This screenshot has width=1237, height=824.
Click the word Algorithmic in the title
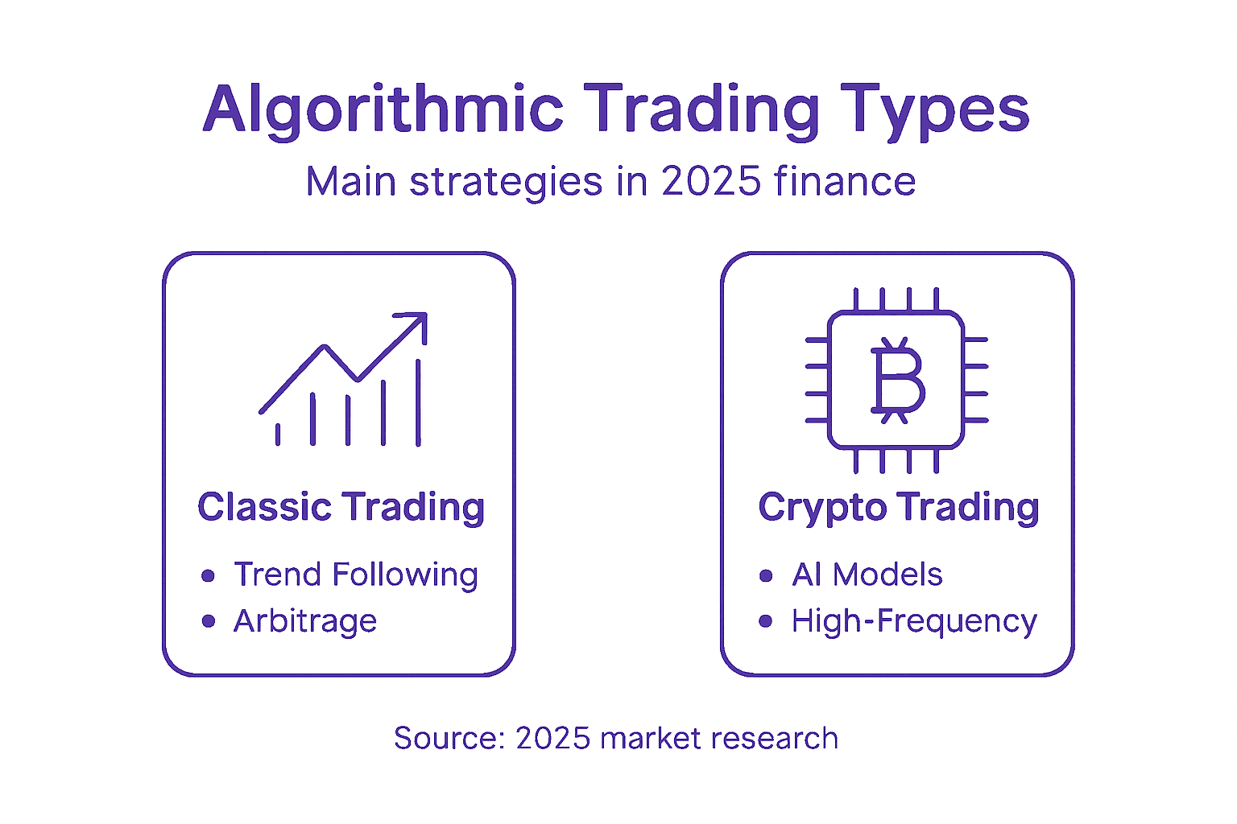(x=383, y=111)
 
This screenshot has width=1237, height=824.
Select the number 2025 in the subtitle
(x=711, y=181)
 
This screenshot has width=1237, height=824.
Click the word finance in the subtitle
(x=845, y=180)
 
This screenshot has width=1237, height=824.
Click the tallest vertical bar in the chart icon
(x=419, y=402)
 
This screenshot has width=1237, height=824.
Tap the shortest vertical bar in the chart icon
(x=278, y=435)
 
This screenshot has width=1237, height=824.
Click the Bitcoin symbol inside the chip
(x=897, y=381)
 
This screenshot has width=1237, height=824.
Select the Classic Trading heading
(x=341, y=507)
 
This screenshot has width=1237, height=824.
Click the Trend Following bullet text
(x=356, y=575)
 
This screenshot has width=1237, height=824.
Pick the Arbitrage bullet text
(x=305, y=622)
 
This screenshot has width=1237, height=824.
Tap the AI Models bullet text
(x=867, y=575)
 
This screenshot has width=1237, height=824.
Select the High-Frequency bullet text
(x=915, y=622)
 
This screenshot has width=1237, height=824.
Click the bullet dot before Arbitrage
(x=209, y=621)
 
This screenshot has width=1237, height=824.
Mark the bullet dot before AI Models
(x=766, y=575)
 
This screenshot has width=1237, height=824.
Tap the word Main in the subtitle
(x=351, y=181)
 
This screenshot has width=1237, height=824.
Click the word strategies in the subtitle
(x=505, y=183)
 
